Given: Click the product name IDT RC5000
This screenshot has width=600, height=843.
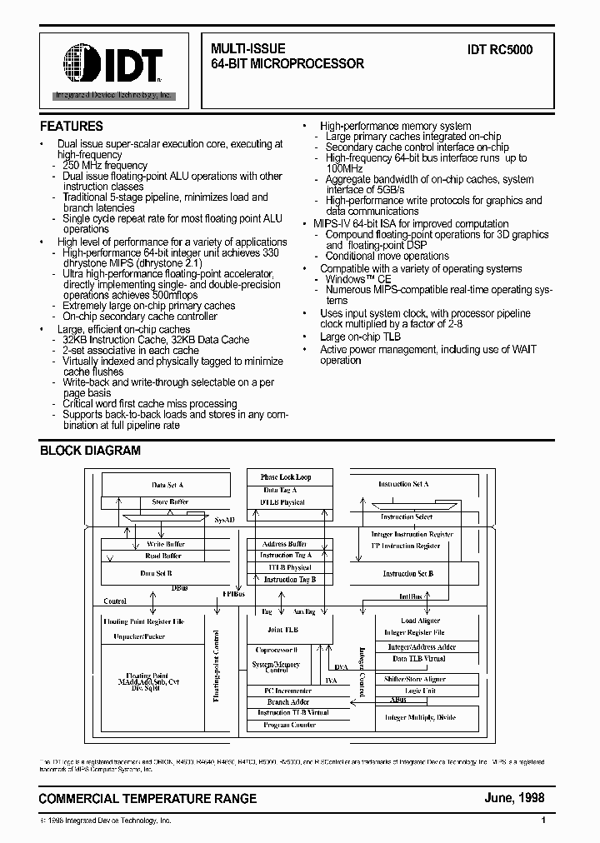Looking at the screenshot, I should [x=500, y=50].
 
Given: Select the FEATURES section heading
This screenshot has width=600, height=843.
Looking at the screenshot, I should [x=72, y=127].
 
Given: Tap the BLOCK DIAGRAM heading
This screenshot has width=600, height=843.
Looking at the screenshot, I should [x=90, y=451].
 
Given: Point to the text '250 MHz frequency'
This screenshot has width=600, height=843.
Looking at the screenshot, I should [x=104, y=166].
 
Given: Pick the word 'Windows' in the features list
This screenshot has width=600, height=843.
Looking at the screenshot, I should [x=346, y=280].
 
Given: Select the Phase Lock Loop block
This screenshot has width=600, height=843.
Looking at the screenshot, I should [x=286, y=477].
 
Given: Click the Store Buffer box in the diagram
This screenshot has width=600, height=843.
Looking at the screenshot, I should [x=170, y=502].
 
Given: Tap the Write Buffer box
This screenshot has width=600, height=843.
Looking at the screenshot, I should [x=165, y=544].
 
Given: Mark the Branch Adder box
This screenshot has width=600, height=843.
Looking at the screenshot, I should [x=288, y=702].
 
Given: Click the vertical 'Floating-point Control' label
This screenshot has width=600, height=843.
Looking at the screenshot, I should [x=217, y=666].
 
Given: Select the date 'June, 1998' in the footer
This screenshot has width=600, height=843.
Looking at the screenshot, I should [x=514, y=798].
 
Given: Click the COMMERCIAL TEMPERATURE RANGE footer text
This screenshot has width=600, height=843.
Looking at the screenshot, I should [x=148, y=799].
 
